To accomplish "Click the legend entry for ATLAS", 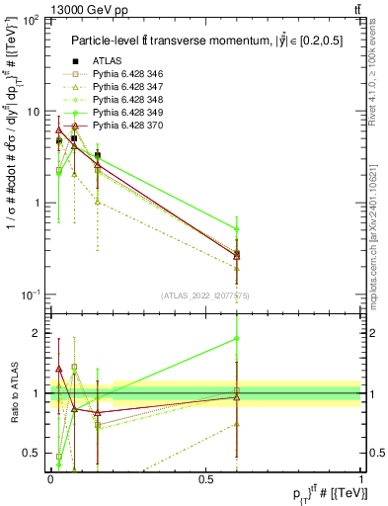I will [107, 61].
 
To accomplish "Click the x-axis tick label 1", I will [360, 478].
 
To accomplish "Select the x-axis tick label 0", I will [49, 478].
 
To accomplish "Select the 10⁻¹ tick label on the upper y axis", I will [30, 295].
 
